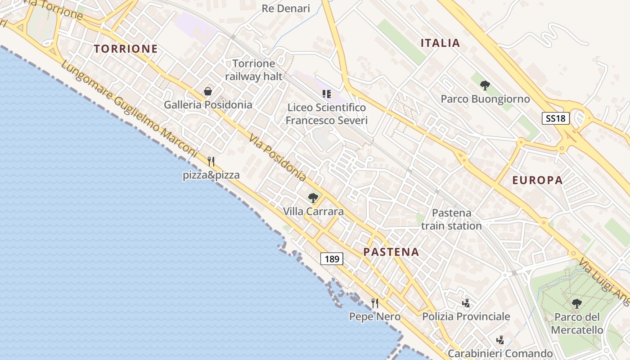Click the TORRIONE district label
[x=126, y=49]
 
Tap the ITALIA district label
[x=440, y=43]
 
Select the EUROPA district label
[x=537, y=180]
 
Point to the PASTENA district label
[x=391, y=252]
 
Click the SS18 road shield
[x=555, y=118]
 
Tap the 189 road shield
[x=332, y=259]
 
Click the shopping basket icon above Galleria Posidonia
[x=208, y=91]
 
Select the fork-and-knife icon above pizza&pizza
[x=211, y=161]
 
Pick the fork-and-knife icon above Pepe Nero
[x=374, y=303]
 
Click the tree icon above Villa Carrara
[x=313, y=198]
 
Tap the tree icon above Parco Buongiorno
[x=485, y=85]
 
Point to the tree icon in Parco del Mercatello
[x=576, y=303]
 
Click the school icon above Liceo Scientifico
[x=327, y=94]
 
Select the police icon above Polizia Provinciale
[x=466, y=303]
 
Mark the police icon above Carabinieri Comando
[x=499, y=340]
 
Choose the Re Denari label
[x=286, y=9]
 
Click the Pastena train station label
[x=451, y=219]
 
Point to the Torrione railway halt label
[x=254, y=70]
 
